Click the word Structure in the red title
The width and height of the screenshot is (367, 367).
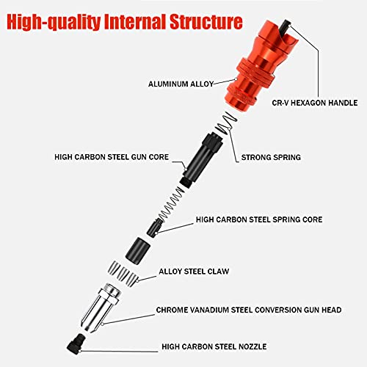206,22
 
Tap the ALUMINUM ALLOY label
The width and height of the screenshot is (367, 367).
181,84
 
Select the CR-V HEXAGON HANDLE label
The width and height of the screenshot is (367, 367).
315,103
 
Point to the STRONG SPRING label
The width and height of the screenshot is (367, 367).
271,157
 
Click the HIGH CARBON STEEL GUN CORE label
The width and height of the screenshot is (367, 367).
112,157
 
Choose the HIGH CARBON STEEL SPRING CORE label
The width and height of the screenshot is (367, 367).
259,219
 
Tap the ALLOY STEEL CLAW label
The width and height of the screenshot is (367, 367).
194,272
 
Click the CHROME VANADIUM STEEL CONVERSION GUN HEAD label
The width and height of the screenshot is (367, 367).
249,310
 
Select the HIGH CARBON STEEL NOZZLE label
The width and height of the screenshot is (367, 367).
214,346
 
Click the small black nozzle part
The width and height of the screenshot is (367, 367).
76,342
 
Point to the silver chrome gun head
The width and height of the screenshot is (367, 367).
101,308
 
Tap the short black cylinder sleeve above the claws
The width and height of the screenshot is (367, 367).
138,250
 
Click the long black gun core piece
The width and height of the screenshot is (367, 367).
202,159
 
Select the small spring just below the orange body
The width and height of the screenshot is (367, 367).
226,123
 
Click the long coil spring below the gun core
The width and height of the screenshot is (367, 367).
172,203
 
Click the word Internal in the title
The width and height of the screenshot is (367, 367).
134,22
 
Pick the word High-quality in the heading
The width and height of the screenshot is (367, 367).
54,22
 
